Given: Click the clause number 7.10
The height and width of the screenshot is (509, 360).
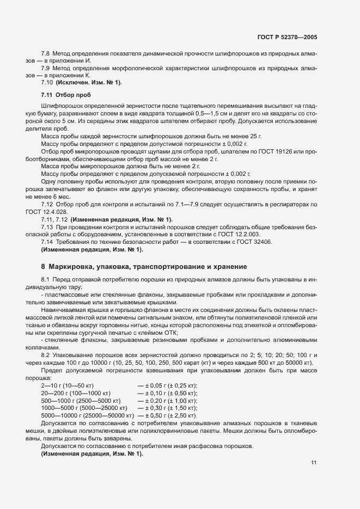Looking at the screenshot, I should [x=46, y=83].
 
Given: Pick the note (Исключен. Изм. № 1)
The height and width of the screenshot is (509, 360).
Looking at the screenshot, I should [x=89, y=83].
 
